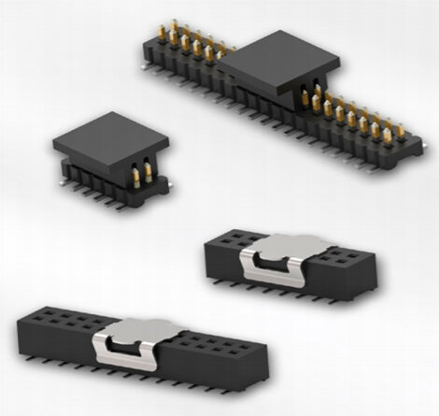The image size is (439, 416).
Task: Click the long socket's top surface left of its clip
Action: coord(61,323)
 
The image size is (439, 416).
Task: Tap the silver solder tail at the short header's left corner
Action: coord(64,181)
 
